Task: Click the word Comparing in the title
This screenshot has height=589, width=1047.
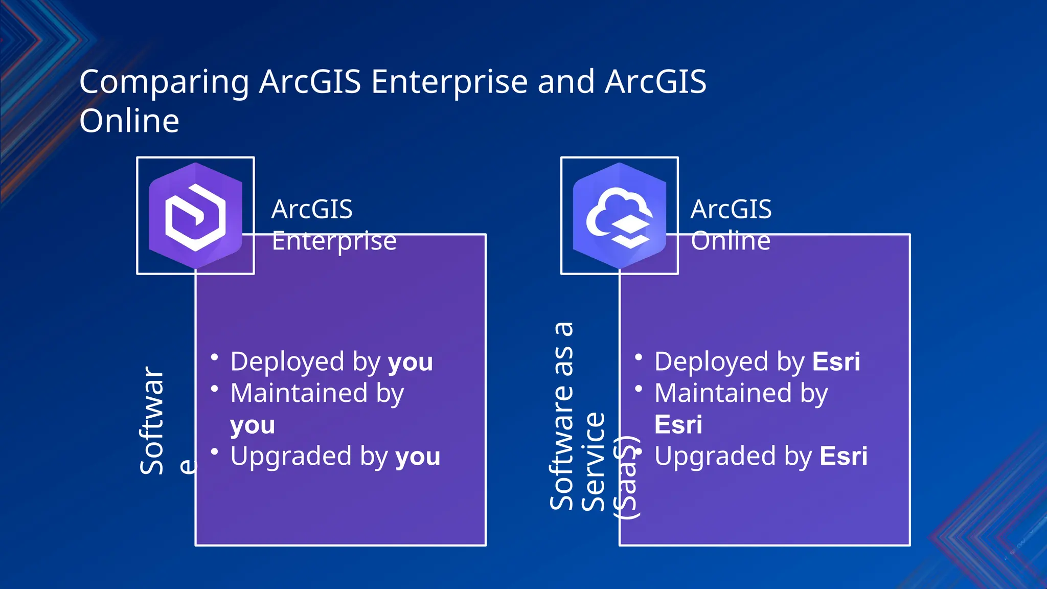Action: point(164,82)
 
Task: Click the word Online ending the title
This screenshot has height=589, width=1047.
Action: point(129,121)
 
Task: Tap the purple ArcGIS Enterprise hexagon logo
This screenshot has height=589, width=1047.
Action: point(195,215)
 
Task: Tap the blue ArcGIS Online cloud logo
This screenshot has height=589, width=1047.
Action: point(619,215)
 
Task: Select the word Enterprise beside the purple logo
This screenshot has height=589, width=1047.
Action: point(334,241)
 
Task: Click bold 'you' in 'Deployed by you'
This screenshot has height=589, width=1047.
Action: point(410,363)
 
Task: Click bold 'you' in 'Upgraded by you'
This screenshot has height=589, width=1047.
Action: point(418,457)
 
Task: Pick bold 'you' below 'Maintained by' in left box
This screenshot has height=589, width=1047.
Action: point(253,425)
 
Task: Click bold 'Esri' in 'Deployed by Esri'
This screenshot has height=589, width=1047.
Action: point(836,362)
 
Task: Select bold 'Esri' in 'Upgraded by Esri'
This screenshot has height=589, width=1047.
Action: point(844,456)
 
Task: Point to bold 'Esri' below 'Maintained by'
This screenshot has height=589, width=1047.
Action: point(678,424)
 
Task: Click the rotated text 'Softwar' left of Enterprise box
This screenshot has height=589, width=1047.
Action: point(152,420)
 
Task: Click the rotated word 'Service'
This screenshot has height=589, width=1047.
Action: point(594,461)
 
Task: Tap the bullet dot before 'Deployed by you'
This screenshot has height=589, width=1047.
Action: point(215,357)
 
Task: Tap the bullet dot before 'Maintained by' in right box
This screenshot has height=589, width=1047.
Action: point(639,389)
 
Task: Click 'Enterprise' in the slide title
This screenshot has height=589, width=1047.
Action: point(449,82)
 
